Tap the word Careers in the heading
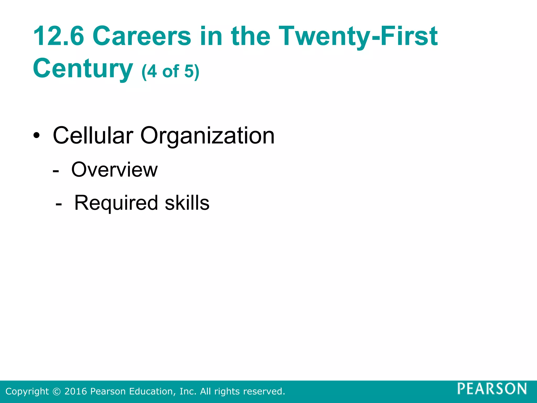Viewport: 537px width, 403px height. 142,36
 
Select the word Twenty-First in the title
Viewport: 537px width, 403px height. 358,36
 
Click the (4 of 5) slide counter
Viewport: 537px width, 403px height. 170,71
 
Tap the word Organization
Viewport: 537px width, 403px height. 207,136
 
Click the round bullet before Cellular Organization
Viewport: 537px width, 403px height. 37,136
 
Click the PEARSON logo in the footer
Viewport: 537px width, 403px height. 492,389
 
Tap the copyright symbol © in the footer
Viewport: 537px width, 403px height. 56,391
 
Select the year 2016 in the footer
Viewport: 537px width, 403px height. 76,391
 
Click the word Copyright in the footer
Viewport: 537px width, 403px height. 27,391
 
